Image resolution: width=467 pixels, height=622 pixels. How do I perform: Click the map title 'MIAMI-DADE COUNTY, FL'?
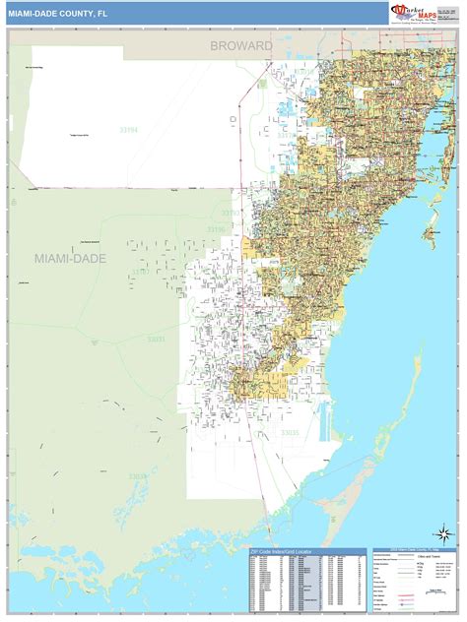click(57, 13)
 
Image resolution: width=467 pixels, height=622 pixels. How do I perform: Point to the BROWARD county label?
click(240, 46)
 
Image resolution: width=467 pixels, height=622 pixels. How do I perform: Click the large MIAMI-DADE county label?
click(70, 258)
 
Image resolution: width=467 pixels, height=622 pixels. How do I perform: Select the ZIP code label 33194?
click(129, 128)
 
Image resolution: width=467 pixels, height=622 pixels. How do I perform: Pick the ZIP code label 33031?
click(157, 340)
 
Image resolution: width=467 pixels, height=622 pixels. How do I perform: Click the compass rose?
click(445, 535)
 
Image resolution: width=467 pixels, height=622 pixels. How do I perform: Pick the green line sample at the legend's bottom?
click(391, 608)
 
